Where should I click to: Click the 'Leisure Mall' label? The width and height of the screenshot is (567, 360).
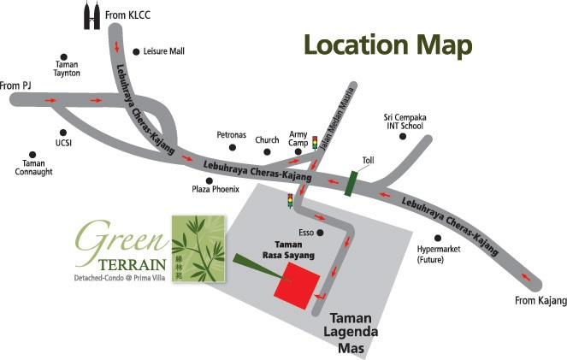[x=164, y=51]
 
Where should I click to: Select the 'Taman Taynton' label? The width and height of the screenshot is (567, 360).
[x=66, y=69]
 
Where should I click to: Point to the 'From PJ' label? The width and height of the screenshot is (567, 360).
[x=16, y=85]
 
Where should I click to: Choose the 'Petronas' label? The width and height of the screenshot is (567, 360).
[x=231, y=135]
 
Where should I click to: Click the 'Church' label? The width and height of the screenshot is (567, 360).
[x=268, y=140]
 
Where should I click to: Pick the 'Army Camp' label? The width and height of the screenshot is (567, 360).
[x=298, y=140]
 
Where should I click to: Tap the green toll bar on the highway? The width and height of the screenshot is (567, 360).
[x=351, y=184]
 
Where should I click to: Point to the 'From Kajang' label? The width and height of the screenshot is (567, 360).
[x=540, y=300]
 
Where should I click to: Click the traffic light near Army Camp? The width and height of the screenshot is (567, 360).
[x=314, y=142]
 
